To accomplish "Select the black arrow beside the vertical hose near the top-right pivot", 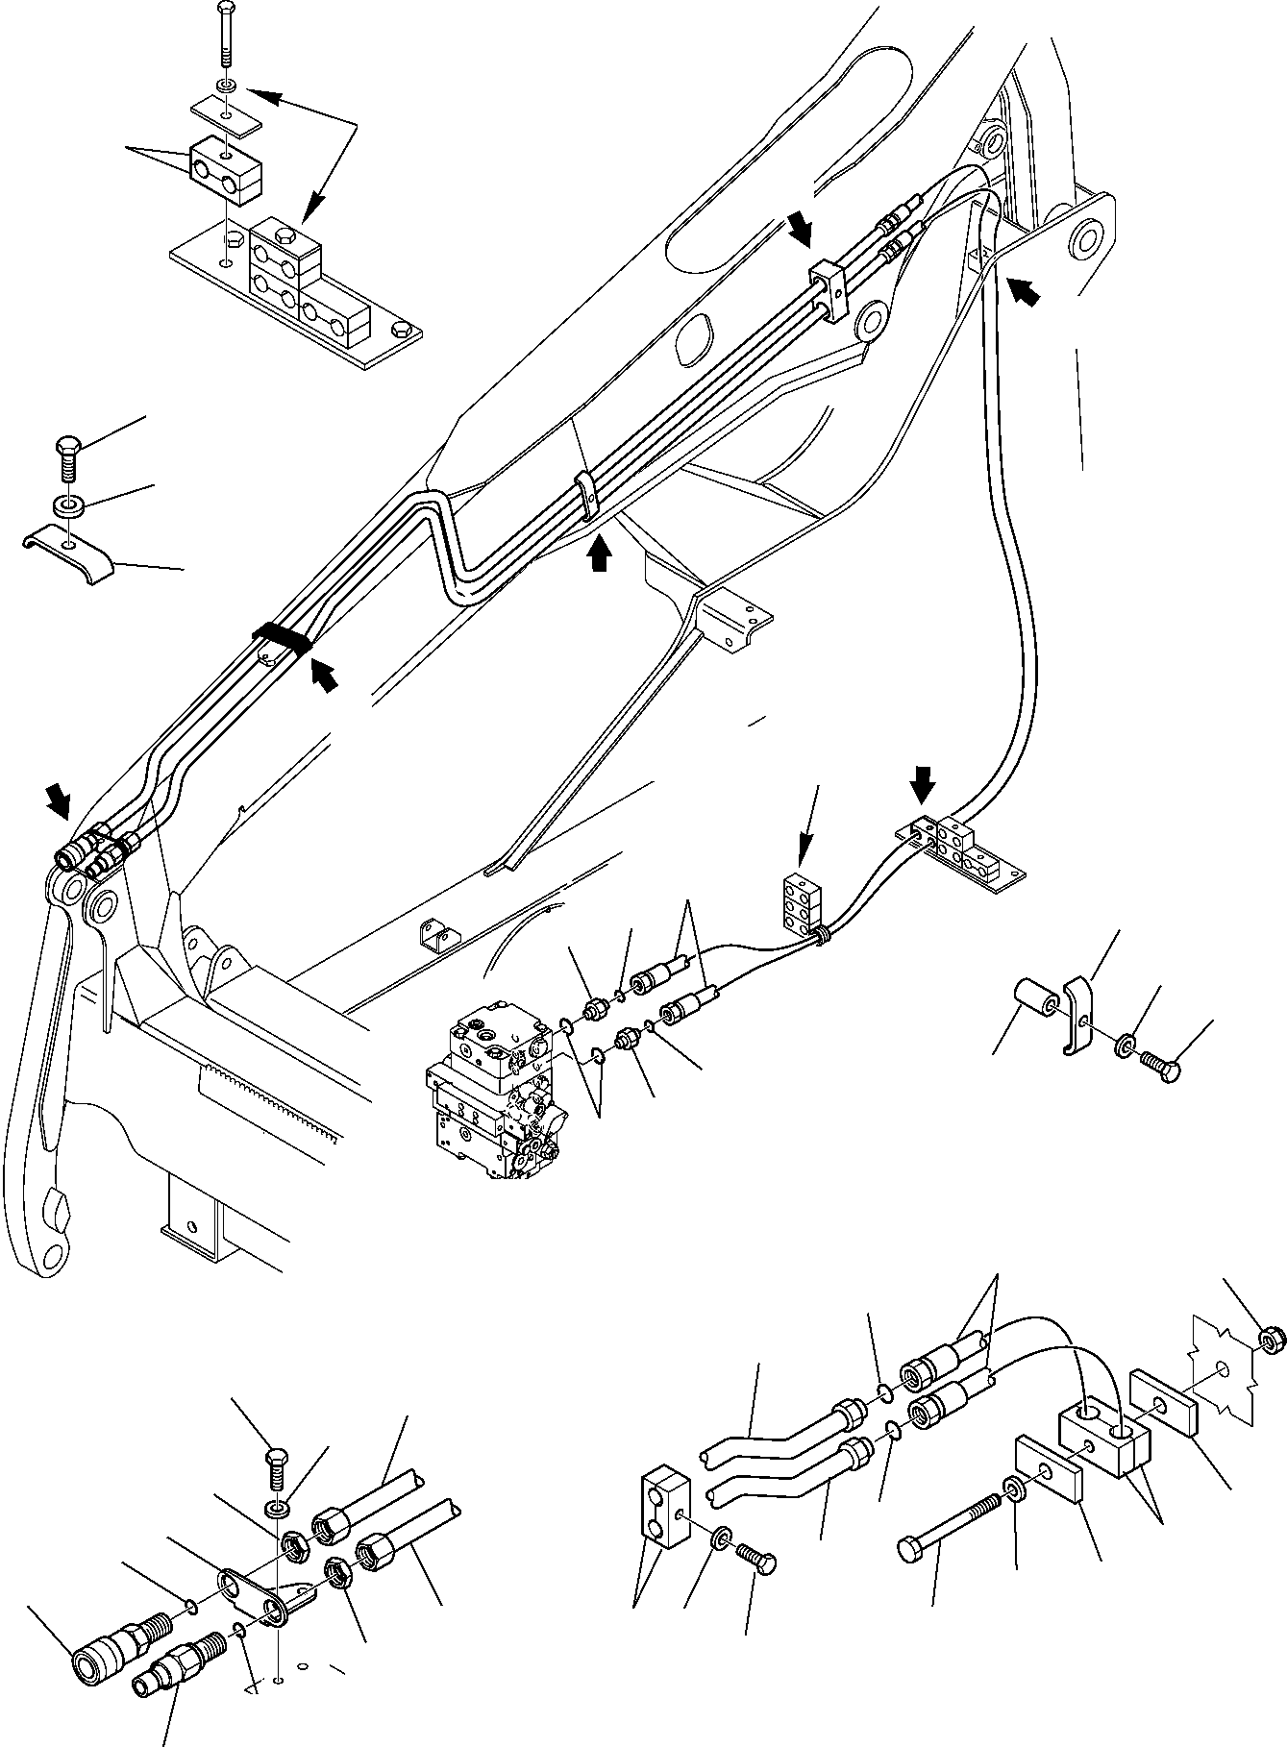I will (x=1024, y=289).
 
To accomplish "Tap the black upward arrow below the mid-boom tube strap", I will (x=599, y=554).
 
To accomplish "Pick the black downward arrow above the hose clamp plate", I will (x=922, y=783).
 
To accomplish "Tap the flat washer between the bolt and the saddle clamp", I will (x=67, y=504).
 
